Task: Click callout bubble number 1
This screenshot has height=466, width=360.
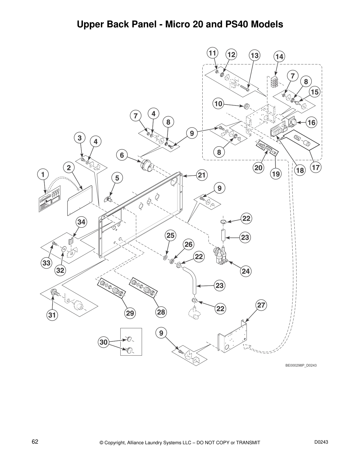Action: coord(43,174)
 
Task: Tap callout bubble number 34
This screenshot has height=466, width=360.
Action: coord(81,222)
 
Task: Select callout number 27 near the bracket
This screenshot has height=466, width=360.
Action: coord(261,305)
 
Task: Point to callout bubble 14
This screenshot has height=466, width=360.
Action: coord(279,56)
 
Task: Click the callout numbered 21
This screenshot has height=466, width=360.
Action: coord(201,175)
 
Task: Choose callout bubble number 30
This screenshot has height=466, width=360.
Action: coord(104,342)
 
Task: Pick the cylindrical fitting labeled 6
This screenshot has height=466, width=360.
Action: coord(146,166)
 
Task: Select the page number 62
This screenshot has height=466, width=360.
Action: coord(35,442)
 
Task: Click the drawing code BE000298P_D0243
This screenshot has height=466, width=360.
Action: coord(301,365)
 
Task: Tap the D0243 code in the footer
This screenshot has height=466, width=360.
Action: coord(321,442)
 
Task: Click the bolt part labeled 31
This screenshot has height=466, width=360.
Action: coord(54,292)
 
